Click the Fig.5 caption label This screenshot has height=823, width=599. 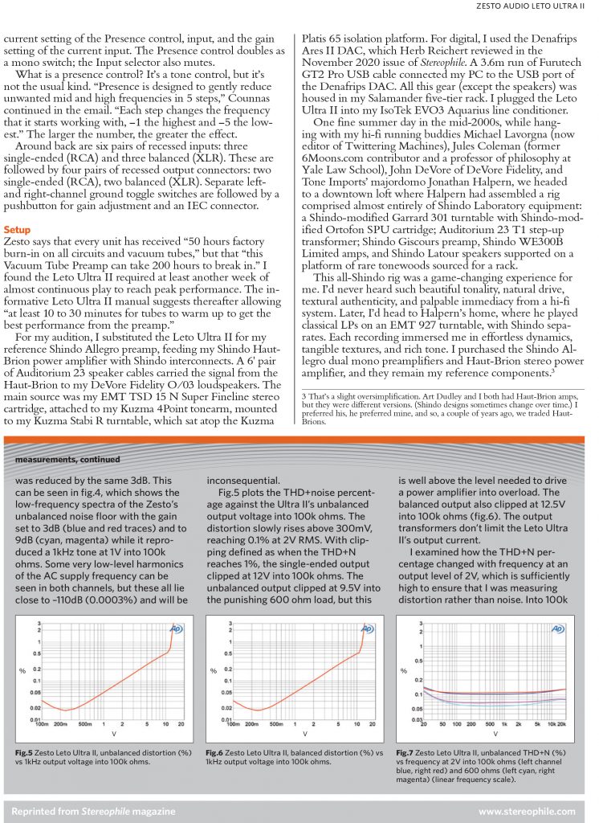tap(24, 751)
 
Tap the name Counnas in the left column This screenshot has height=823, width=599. tap(235, 97)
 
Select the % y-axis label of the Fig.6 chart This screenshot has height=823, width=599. tap(213, 669)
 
